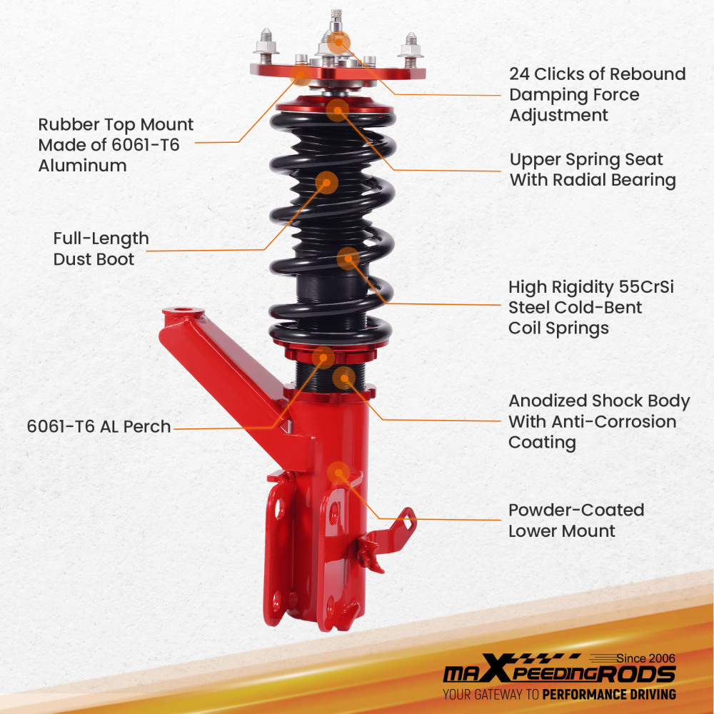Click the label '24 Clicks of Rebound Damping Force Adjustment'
tap(597, 94)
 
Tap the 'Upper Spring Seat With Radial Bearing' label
tap(592, 170)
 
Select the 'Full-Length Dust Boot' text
tap(101, 248)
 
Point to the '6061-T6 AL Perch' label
tap(99, 427)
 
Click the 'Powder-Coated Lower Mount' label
tap(575, 521)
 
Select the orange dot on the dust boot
tap(326, 182)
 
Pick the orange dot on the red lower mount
tap(338, 473)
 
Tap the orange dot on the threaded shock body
tap(344, 377)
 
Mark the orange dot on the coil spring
tap(348, 258)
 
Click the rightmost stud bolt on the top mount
tap(411, 45)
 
